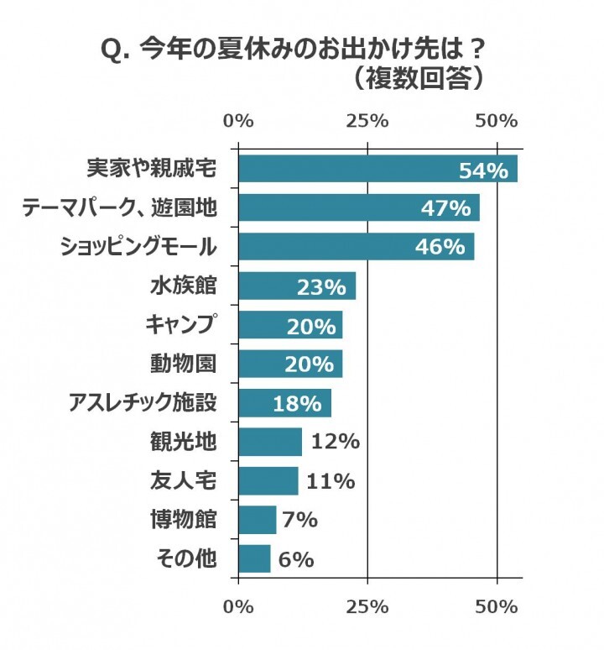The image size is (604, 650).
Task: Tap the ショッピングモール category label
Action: tap(139, 247)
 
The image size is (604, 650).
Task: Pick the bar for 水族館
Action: tap(297, 286)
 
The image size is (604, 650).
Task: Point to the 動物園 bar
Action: tap(290, 364)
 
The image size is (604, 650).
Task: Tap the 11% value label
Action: tap(331, 481)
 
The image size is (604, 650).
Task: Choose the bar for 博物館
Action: tap(257, 520)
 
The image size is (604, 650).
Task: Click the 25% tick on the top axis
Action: tap(367, 121)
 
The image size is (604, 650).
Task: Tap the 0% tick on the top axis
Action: tap(239, 121)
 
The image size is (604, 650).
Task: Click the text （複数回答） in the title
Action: tap(416, 78)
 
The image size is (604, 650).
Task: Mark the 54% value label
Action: tap(483, 170)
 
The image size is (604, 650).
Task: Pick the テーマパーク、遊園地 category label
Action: tap(119, 208)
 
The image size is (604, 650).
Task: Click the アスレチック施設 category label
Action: tap(143, 403)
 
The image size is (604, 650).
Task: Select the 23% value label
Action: tap(321, 287)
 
